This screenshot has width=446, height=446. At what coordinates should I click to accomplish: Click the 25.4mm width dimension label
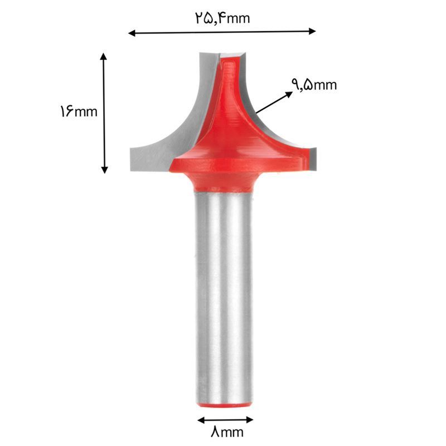click(222, 18)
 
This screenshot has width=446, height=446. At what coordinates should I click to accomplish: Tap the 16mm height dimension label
click(79, 111)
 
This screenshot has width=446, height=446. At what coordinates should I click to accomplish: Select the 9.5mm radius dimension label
click(314, 85)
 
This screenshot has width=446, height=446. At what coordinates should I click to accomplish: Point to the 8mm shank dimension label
click(227, 432)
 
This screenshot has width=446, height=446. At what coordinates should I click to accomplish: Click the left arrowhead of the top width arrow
click(132, 33)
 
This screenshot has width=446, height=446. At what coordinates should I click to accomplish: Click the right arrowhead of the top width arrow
click(312, 31)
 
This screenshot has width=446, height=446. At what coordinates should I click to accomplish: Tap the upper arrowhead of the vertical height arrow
click(104, 56)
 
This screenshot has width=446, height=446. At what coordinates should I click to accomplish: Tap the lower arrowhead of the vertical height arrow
click(105, 170)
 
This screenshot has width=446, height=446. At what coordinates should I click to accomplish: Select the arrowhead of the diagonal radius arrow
click(289, 94)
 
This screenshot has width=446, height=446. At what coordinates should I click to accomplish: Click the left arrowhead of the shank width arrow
click(201, 420)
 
